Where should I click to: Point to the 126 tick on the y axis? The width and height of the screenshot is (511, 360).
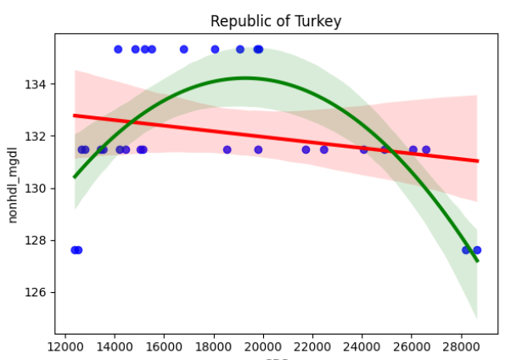(x=39, y=293)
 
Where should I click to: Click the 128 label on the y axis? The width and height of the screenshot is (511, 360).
(x=39, y=240)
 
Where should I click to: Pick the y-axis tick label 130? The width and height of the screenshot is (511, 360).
(x=39, y=188)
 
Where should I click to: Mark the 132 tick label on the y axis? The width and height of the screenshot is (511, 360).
(x=39, y=137)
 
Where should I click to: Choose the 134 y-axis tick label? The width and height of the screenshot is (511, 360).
(x=39, y=85)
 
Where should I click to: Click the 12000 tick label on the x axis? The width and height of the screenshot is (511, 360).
(x=65, y=346)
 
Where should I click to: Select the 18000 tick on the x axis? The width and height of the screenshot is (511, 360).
(x=214, y=346)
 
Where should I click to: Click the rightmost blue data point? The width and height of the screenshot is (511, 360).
(x=477, y=250)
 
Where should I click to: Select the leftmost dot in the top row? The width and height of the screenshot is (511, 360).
(x=118, y=49)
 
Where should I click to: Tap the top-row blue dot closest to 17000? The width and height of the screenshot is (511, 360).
(x=184, y=49)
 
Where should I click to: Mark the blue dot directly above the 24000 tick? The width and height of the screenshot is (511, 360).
(x=364, y=149)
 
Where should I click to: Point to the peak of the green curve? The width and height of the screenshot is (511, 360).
(x=245, y=78)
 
